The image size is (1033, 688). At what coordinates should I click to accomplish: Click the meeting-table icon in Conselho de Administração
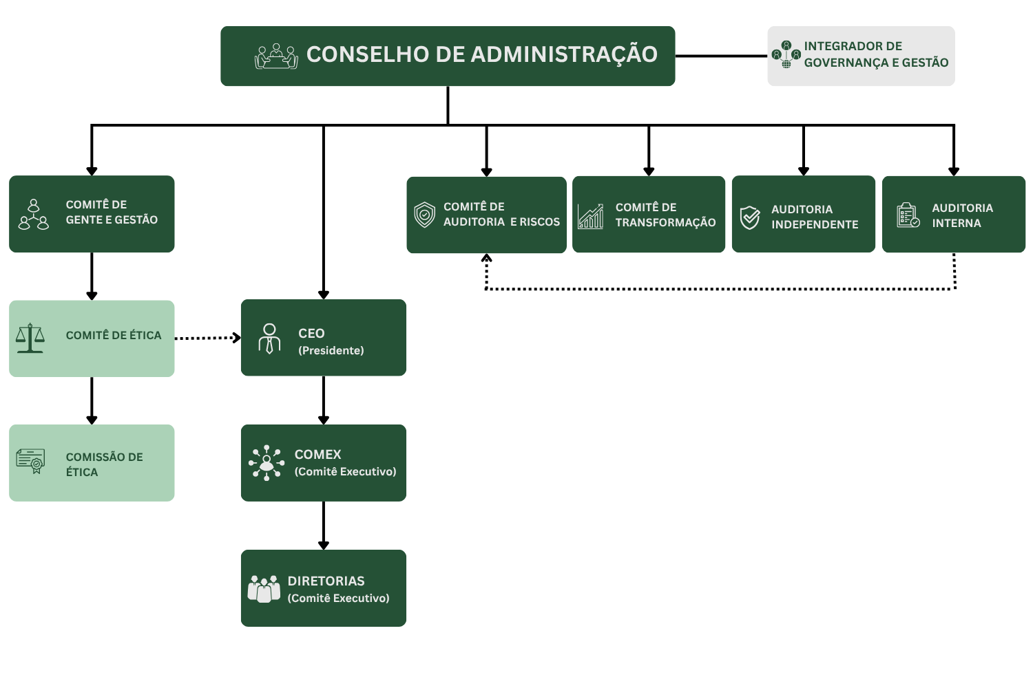[x=276, y=56]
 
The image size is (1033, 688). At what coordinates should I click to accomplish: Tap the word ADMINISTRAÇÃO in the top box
[x=564, y=55]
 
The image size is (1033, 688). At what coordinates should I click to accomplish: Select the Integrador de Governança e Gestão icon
[x=786, y=55]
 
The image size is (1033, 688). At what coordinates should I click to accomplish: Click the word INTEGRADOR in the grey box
[x=835, y=46]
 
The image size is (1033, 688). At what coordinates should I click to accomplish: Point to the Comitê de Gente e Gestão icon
[x=33, y=214]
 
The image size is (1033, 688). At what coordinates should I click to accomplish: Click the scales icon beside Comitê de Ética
[x=30, y=338]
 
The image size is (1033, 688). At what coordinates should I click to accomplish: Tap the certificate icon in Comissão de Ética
[x=30, y=461]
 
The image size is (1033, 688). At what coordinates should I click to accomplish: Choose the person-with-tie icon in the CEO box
[x=269, y=338]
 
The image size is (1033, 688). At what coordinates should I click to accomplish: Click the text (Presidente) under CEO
[x=331, y=351]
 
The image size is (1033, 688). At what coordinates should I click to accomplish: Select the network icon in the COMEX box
[x=267, y=463]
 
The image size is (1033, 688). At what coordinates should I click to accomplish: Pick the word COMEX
[x=317, y=455]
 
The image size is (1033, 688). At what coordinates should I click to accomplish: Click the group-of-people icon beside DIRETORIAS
[x=264, y=588]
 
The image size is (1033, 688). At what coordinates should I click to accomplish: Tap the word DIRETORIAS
[x=326, y=581]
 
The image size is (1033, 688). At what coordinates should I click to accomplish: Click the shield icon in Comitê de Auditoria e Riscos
[x=425, y=215]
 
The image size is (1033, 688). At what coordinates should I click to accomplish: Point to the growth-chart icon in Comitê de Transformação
[x=591, y=216]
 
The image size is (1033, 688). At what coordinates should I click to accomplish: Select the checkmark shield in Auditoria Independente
[x=750, y=217]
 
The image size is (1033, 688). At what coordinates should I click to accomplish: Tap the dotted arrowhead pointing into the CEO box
[x=237, y=338]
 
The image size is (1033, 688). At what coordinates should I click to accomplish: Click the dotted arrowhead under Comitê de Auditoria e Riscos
[x=486, y=258]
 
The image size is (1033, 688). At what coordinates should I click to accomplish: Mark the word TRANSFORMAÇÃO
[x=665, y=223]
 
